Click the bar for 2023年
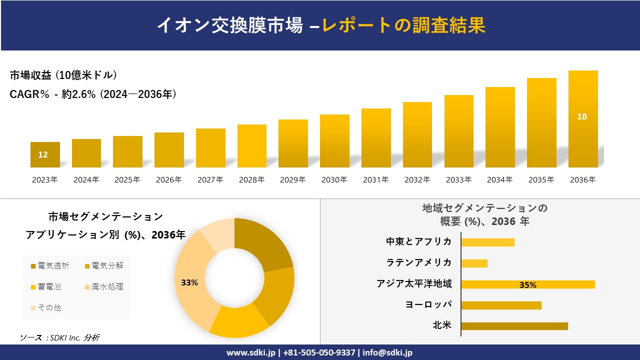pyautogui.click(x=45, y=155)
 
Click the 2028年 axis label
pyautogui.click(x=251, y=179)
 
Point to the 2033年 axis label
pyautogui.click(x=458, y=179)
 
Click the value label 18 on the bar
pyautogui.click(x=582, y=116)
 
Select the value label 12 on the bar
pyautogui.click(x=43, y=154)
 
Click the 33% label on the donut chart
pyautogui.click(x=189, y=282)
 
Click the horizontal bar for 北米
pyautogui.click(x=514, y=326)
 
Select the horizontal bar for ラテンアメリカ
pyautogui.click(x=474, y=263)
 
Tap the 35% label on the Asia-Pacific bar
pyautogui.click(x=527, y=285)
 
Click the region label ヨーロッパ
pyautogui.click(x=428, y=304)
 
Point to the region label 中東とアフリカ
pyautogui.click(x=418, y=241)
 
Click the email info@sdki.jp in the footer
pyautogui.click(x=388, y=352)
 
